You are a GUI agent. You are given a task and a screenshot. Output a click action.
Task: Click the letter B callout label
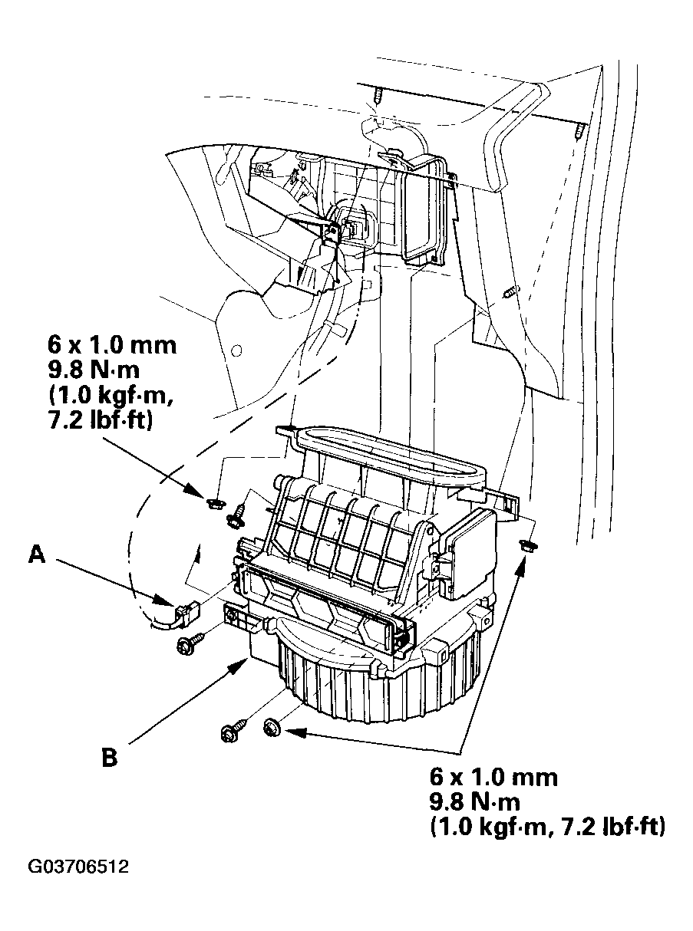(x=110, y=758)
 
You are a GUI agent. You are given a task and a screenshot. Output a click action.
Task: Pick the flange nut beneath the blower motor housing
(x=273, y=725)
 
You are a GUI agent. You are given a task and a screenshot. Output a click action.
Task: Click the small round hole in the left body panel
(x=236, y=350)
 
